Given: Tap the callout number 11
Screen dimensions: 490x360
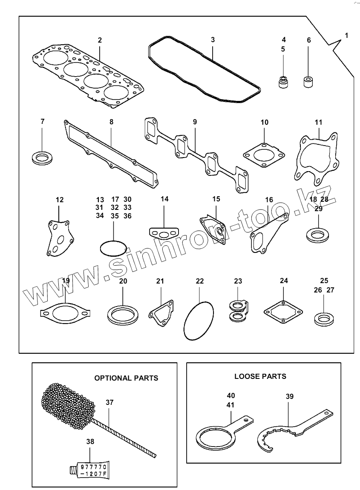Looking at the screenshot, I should (x=318, y=122).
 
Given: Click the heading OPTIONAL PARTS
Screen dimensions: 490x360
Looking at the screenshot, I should (x=126, y=378).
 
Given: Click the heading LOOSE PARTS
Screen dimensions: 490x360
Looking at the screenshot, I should (x=260, y=376).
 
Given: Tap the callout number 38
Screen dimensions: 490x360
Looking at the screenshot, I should (x=90, y=442).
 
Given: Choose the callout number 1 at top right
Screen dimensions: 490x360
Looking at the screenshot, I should (x=346, y=36).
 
